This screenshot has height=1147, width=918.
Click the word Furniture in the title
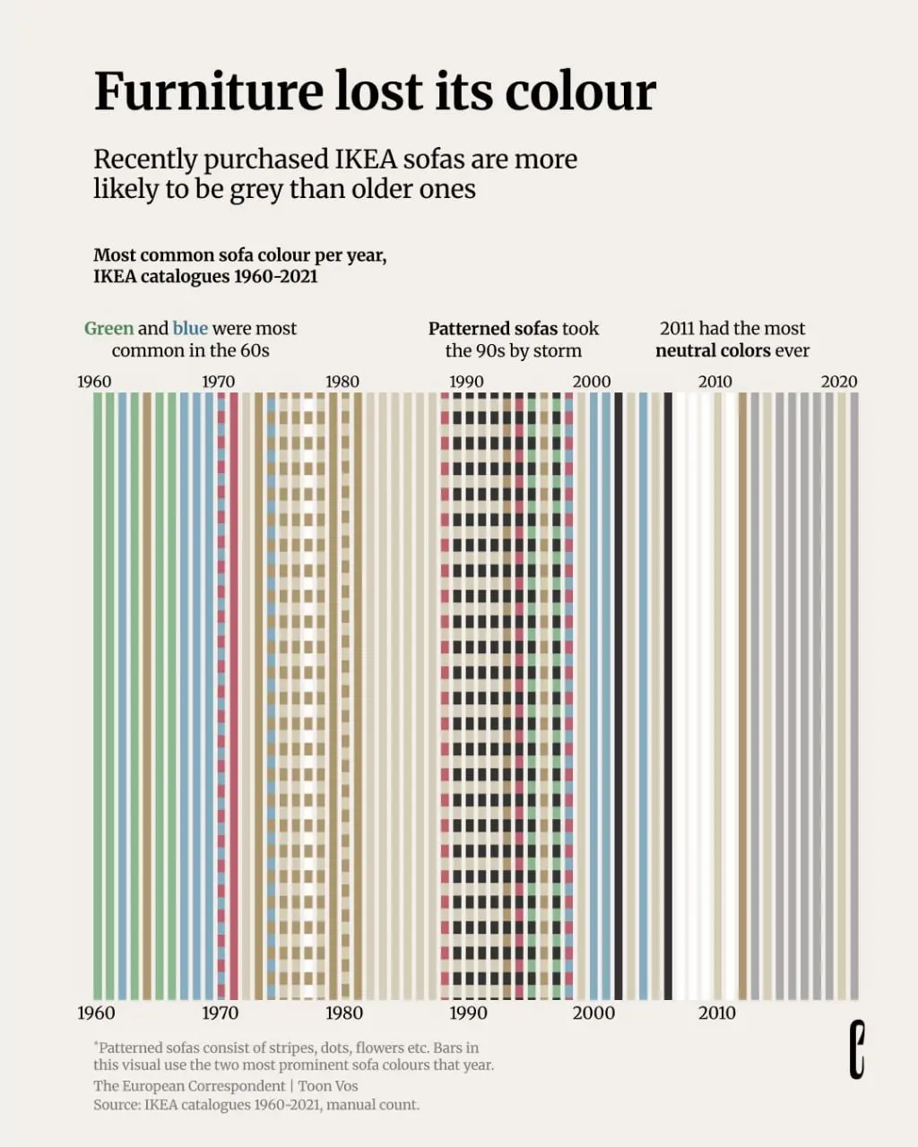[208, 91]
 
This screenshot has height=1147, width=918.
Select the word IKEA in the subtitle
[366, 160]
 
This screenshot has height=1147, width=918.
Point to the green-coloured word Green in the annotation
[108, 328]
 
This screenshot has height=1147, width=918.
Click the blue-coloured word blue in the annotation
[190, 328]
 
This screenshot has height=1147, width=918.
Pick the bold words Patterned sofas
[493, 328]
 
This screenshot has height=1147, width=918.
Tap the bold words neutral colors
[713, 350]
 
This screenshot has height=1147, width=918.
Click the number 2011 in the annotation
[677, 328]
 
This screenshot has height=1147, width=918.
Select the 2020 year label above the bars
[839, 382]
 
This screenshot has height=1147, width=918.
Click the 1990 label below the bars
[468, 1013]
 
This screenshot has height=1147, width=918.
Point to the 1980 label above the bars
[342, 382]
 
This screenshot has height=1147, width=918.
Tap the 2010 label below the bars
[717, 1013]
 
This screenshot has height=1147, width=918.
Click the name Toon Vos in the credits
[328, 1086]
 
